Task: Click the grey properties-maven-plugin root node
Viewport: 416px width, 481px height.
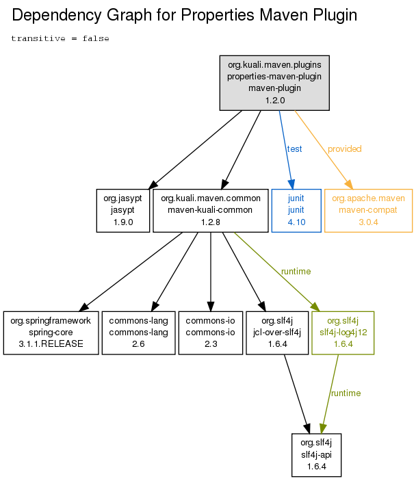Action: tap(274, 83)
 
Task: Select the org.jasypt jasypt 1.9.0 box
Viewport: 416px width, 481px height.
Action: tap(123, 211)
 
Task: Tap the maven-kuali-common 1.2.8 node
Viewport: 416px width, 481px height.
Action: tap(211, 211)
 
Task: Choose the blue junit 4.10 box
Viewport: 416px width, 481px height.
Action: tap(296, 211)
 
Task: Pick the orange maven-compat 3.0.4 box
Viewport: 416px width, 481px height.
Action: tap(369, 211)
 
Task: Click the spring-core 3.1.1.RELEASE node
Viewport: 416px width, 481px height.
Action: tap(51, 333)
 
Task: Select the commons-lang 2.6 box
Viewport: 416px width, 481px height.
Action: tap(138, 333)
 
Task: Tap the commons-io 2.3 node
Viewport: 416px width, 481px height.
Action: tap(211, 333)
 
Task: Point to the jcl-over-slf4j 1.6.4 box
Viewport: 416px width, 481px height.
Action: tap(277, 333)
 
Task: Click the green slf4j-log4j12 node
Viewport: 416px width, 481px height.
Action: tap(343, 333)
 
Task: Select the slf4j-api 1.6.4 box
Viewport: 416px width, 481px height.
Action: tap(316, 455)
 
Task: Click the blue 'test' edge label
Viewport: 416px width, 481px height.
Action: tap(294, 148)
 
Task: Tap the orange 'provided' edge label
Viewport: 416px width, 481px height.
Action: tap(345, 148)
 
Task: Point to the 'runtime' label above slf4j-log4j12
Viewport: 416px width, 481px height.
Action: tap(296, 271)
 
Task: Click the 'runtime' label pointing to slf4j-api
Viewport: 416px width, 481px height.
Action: tap(346, 393)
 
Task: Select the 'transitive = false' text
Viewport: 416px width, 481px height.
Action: tap(60, 38)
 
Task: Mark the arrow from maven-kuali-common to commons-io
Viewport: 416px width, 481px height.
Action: tap(211, 272)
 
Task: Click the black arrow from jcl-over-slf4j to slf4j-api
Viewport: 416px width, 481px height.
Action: tap(297, 394)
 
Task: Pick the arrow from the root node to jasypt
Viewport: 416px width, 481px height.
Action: tap(195, 150)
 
